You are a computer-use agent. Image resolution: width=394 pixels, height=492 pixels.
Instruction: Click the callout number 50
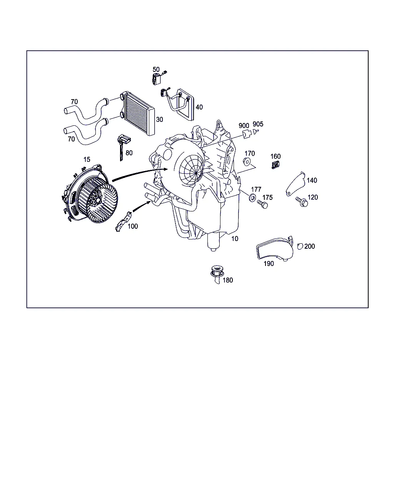(x=156, y=69)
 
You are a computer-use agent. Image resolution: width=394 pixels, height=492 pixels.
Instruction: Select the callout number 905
(x=258, y=124)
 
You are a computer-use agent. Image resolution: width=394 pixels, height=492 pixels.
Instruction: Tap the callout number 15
(x=87, y=160)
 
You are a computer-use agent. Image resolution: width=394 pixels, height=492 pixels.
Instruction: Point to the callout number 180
(x=227, y=280)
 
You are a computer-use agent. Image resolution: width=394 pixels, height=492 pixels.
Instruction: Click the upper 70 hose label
(x=74, y=101)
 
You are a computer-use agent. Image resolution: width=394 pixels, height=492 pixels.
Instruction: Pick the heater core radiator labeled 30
(x=137, y=114)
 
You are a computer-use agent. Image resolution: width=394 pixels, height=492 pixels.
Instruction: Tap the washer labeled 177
(x=252, y=198)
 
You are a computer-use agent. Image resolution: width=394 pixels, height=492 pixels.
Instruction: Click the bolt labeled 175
(x=262, y=204)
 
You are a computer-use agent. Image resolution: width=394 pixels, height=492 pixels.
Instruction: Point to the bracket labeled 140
(x=295, y=184)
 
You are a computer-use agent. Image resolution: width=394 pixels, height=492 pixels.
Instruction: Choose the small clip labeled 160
(x=275, y=165)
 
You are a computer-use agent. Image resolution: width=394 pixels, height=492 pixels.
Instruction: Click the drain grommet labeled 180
(x=217, y=274)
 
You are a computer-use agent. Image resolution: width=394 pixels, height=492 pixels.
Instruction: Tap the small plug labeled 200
(x=300, y=246)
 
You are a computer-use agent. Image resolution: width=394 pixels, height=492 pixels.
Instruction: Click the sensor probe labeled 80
(x=123, y=147)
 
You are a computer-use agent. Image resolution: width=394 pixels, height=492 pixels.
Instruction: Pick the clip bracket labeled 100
(x=124, y=221)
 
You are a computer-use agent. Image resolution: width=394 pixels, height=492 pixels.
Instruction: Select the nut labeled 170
(x=247, y=162)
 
